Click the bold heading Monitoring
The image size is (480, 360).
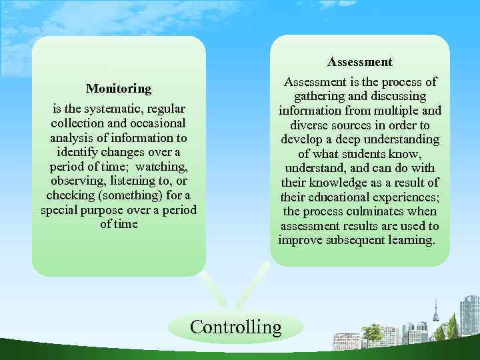point(119,89)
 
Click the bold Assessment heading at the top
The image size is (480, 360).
point(359,62)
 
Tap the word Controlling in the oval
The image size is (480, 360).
point(236,327)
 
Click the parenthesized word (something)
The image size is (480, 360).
point(131,195)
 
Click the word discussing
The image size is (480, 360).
point(402,96)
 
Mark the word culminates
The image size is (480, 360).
point(383,212)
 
